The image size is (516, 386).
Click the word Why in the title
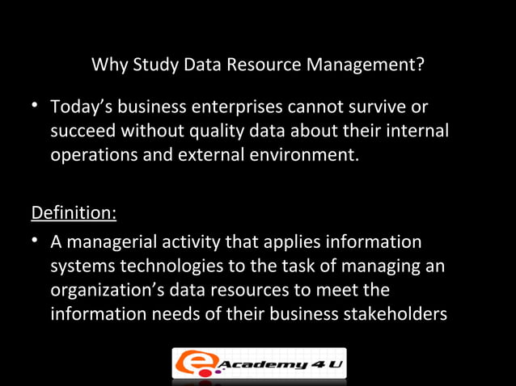[x=108, y=65]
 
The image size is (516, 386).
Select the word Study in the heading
[x=154, y=65]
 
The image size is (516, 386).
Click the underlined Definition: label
[x=74, y=214]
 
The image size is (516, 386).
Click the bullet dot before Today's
[x=36, y=107]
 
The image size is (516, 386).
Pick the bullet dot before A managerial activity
[x=36, y=242]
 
